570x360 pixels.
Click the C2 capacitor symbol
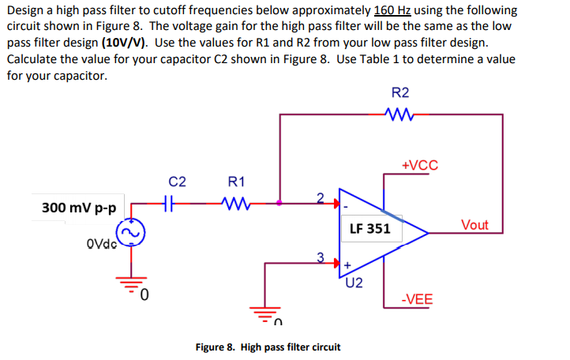[x=167, y=203]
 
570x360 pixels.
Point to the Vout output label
[x=474, y=225]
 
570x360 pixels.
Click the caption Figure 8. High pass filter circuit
[x=268, y=347]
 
